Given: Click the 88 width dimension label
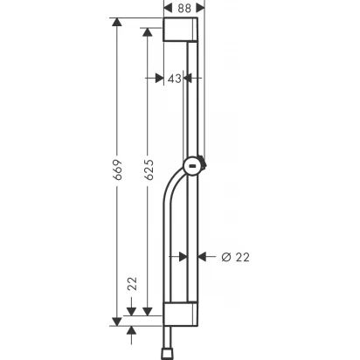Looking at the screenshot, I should (185, 8).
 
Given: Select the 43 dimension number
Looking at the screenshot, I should (173, 79).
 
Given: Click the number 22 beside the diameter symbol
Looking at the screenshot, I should (242, 256).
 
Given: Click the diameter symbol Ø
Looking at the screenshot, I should (225, 256).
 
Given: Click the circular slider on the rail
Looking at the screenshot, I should (192, 163).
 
